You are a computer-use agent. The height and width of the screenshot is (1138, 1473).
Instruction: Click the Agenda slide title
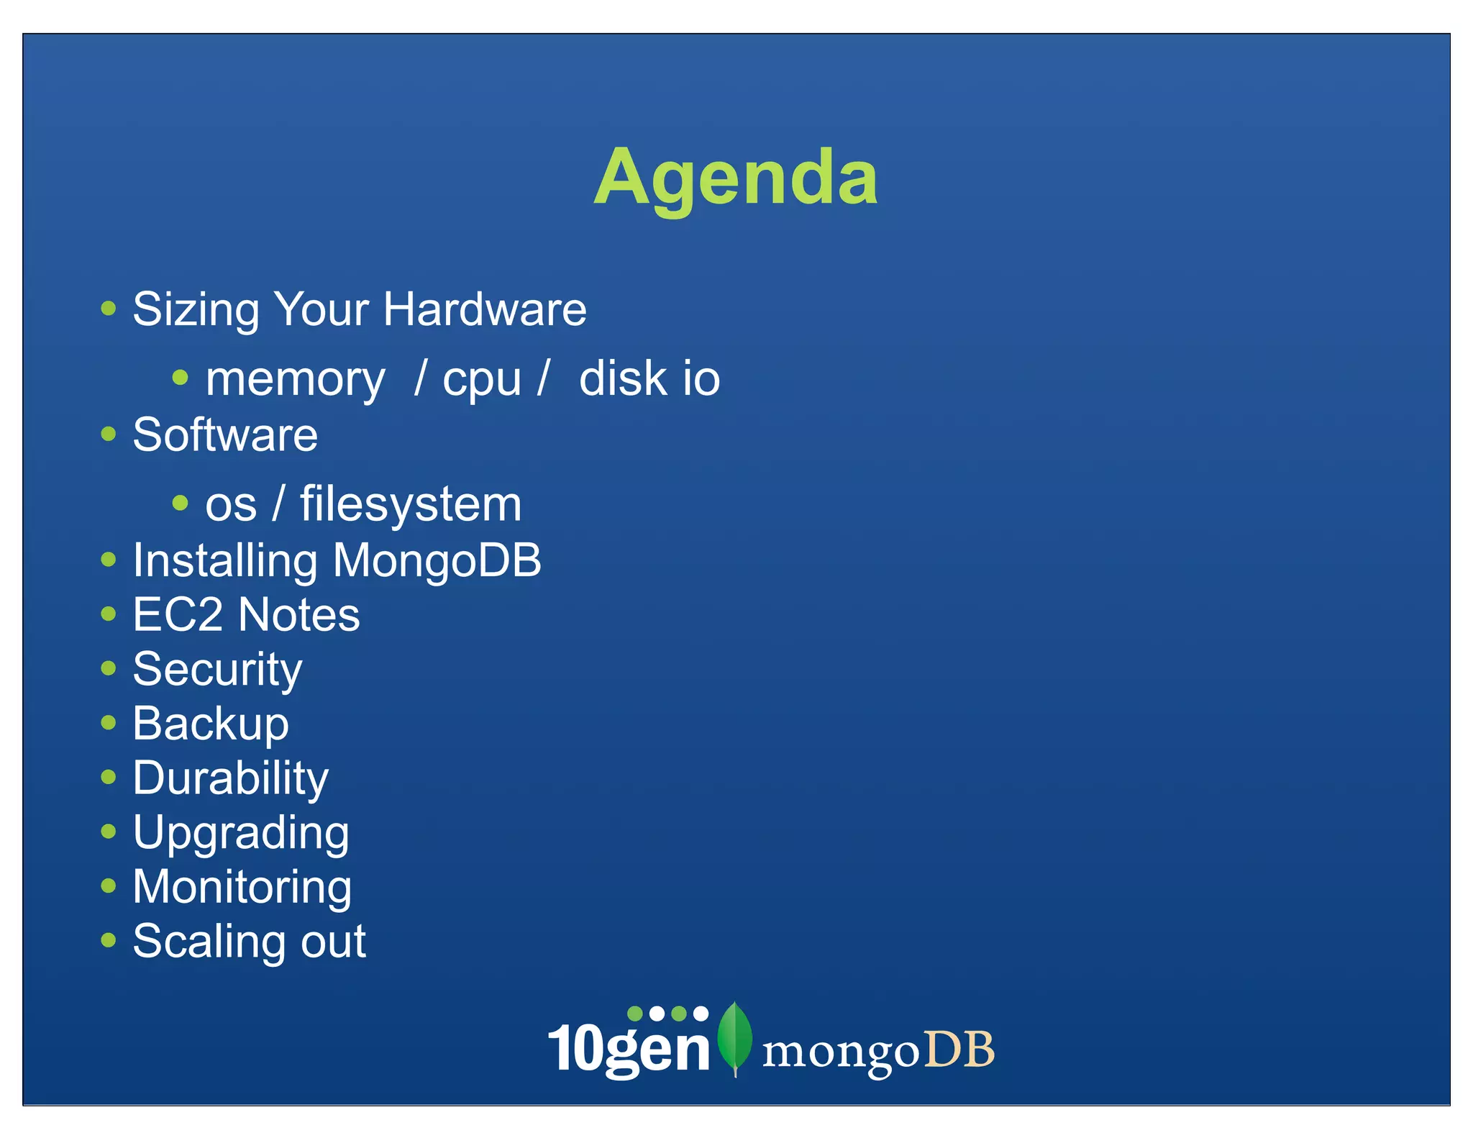pos(735,177)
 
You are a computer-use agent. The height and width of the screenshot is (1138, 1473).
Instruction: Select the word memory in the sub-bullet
pos(295,379)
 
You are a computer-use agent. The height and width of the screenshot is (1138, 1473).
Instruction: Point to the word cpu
pos(481,379)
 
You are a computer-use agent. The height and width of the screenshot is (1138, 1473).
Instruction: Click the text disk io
pos(649,379)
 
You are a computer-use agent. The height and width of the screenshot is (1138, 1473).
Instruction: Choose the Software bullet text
pos(225,434)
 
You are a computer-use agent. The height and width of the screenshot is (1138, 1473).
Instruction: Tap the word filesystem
pos(410,504)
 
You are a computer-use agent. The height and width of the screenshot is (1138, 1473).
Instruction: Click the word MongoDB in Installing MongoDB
pos(437,560)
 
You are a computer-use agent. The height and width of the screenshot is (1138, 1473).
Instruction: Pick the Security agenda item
pos(217,670)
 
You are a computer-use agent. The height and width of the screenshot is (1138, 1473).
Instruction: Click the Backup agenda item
pos(211,724)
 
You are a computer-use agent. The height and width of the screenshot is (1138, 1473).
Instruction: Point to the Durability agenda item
pos(230,778)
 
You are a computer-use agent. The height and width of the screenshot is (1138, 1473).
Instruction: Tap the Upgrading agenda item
pos(241,833)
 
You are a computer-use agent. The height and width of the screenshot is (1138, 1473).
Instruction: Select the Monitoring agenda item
pos(242,887)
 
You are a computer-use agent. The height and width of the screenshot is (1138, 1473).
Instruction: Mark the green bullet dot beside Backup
pos(109,722)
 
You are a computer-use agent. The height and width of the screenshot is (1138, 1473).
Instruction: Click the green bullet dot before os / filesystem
pos(181,503)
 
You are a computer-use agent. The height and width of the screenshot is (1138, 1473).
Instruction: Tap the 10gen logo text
pos(629,1049)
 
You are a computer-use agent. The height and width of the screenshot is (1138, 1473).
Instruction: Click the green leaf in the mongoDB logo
pos(734,1036)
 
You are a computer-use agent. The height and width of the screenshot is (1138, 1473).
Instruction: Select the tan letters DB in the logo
pos(959,1050)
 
